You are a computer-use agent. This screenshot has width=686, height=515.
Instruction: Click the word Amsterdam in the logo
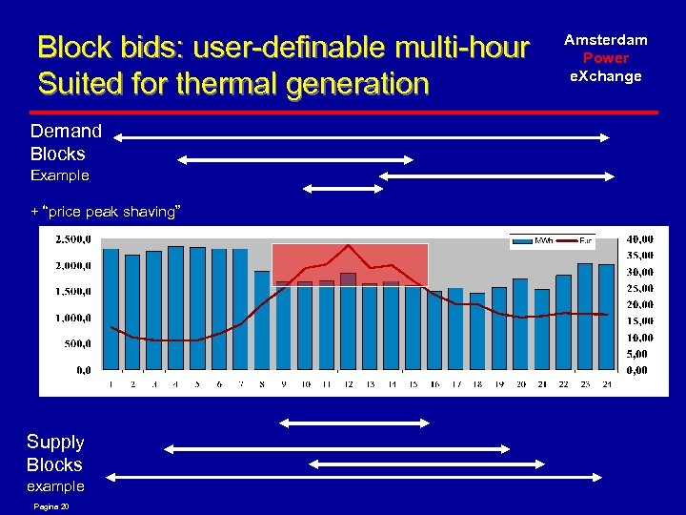(605, 40)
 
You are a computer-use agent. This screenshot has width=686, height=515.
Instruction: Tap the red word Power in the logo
(606, 58)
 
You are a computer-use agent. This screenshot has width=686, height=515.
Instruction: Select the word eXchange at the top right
(606, 76)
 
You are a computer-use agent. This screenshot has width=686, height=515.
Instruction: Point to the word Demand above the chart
(66, 131)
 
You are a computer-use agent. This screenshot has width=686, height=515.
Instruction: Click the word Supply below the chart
(55, 442)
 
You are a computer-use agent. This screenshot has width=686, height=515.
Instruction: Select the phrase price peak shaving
(111, 211)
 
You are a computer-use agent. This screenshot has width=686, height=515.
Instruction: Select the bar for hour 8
(262, 320)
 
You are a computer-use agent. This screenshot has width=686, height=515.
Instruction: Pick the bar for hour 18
(477, 331)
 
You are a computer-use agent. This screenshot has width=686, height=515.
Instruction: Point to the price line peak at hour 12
(349, 246)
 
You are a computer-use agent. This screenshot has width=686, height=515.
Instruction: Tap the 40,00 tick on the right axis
(640, 238)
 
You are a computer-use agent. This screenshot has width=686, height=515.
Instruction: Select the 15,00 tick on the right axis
(640, 321)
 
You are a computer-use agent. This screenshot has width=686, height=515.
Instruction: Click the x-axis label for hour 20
(520, 384)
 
